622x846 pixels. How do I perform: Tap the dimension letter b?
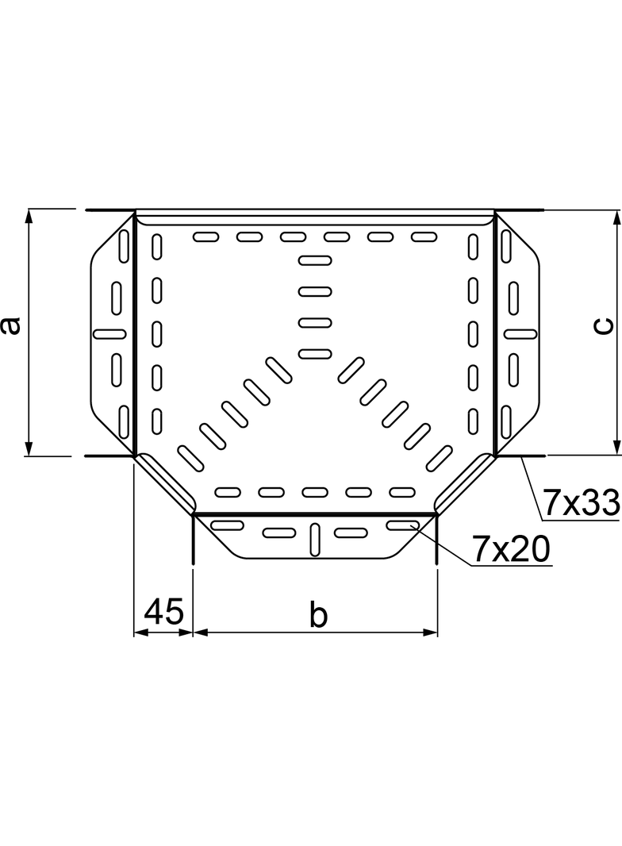[x=317, y=614]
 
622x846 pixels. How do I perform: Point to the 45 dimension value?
[x=163, y=613]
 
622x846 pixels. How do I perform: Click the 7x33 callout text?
[x=581, y=502]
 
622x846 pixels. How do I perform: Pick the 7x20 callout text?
[x=510, y=548]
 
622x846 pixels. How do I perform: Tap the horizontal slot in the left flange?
[x=109, y=333]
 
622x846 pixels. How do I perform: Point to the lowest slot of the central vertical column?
[x=315, y=353]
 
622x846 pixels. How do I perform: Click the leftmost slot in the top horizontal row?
[x=206, y=236]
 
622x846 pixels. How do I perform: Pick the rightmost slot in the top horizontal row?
[x=424, y=236]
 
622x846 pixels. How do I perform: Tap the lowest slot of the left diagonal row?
[x=190, y=455]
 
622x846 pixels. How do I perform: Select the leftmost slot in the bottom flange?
[x=228, y=525]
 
